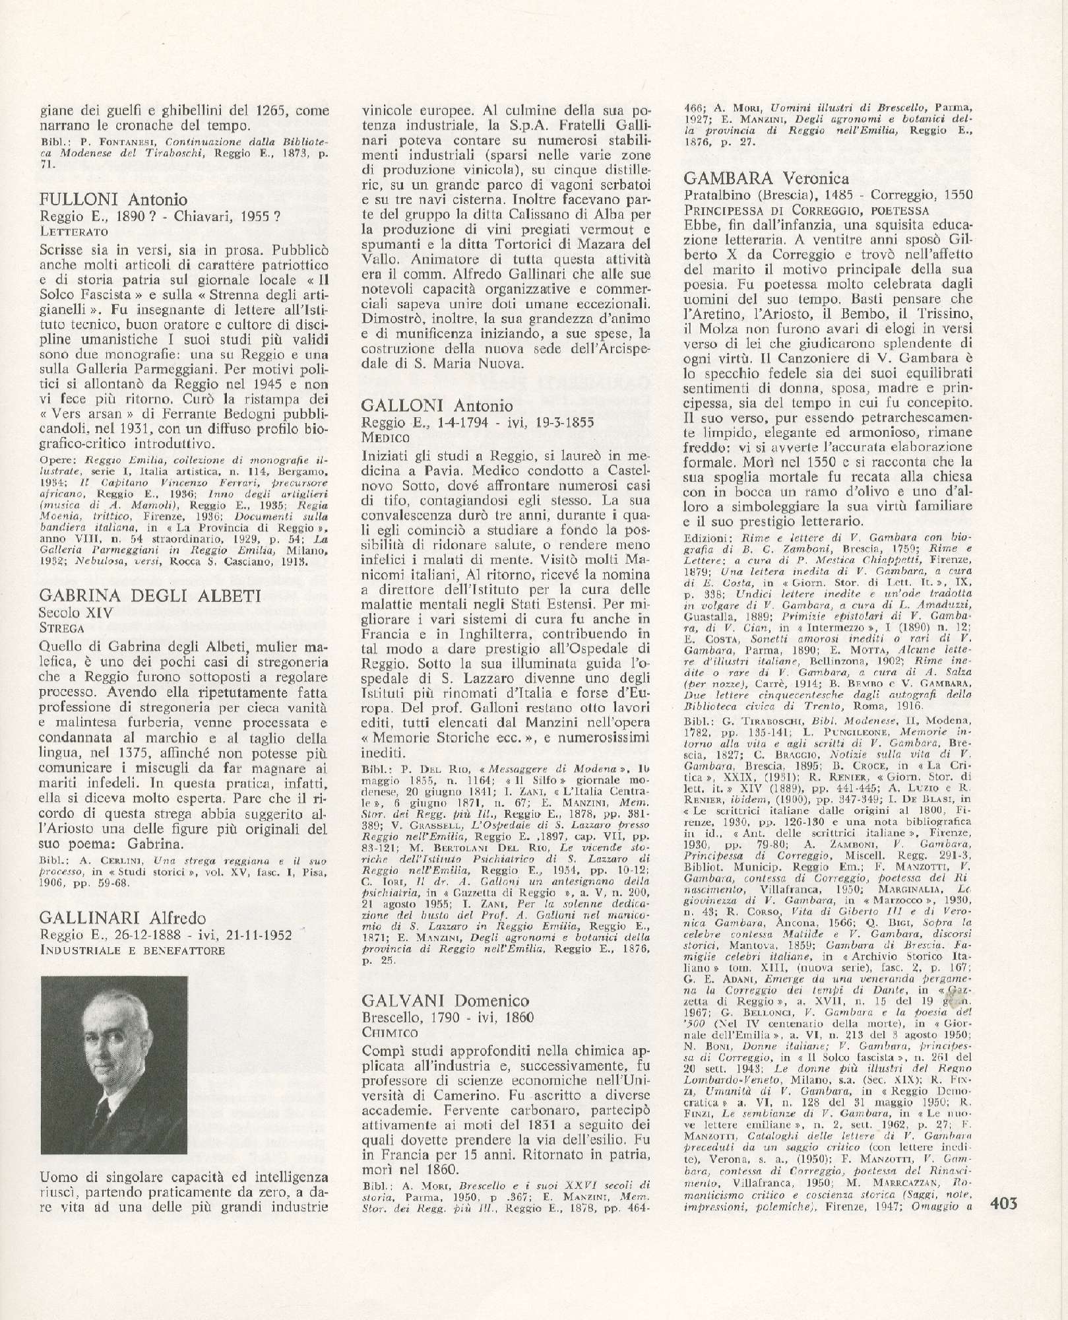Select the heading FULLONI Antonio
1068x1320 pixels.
click(x=113, y=199)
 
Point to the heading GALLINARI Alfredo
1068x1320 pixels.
click(x=123, y=918)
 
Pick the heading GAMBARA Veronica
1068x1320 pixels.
click(x=767, y=178)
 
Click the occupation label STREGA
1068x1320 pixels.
click(x=61, y=628)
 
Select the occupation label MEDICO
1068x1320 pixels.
click(x=386, y=437)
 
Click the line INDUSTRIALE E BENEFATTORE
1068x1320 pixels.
click(x=132, y=950)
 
